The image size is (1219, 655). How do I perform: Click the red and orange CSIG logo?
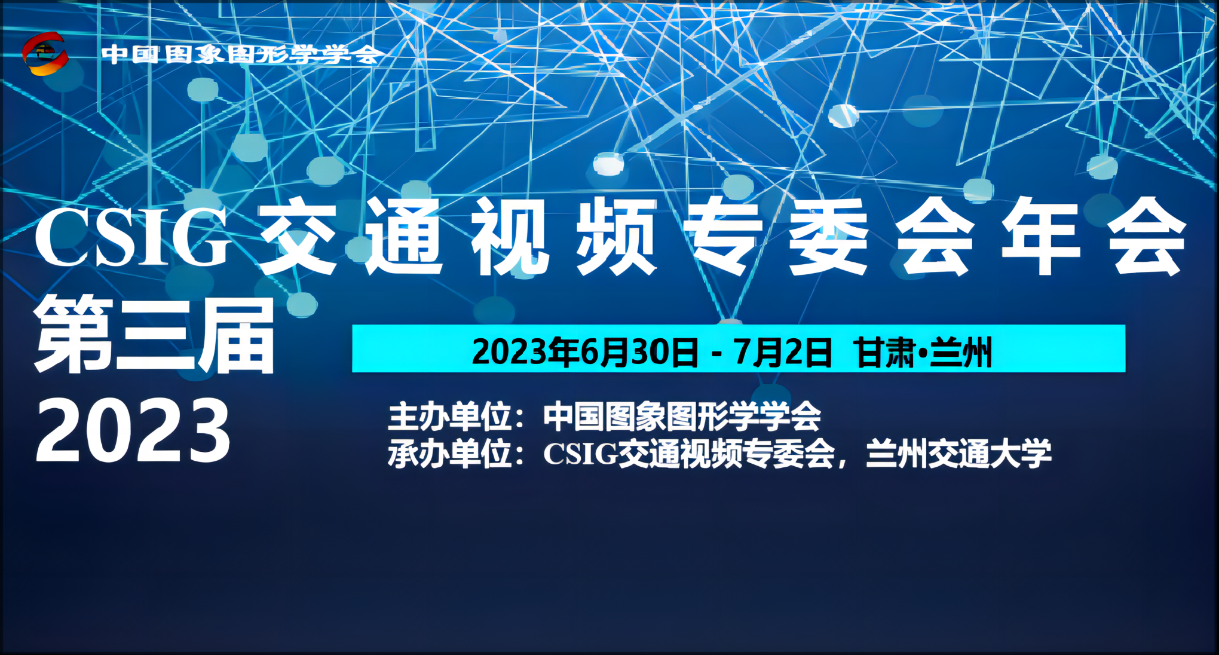coord(45,54)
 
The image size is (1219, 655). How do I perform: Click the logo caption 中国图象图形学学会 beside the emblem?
coord(240,55)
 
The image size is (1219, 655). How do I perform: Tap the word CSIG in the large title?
coord(133,237)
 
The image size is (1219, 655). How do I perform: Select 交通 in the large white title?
coord(350,237)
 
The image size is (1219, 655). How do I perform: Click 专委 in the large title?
coord(776,237)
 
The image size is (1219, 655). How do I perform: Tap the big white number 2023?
coord(133,431)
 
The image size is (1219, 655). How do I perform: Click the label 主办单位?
coord(450,417)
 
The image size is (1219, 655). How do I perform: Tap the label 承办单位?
coord(450,454)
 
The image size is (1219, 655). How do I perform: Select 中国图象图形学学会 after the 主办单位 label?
coord(682,417)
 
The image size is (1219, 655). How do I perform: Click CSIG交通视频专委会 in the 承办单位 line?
coord(689,454)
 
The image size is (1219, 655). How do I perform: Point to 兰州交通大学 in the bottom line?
coord(958,454)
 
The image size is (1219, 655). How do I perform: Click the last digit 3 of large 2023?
coord(208,431)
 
